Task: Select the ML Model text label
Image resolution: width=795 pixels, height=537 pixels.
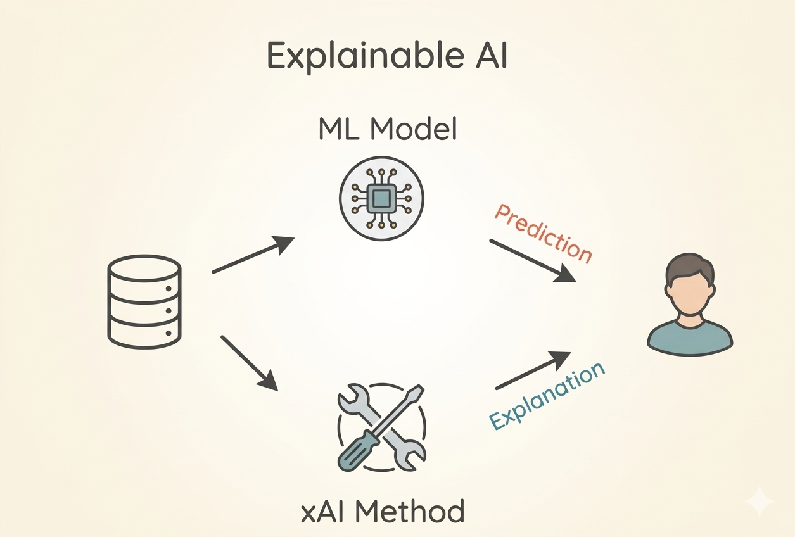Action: [388, 130]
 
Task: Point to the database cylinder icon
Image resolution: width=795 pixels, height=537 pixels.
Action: [144, 301]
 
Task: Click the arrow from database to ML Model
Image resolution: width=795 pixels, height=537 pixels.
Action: [253, 255]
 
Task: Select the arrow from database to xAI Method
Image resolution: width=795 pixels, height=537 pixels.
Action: [249, 363]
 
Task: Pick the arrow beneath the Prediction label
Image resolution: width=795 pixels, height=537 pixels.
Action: [532, 260]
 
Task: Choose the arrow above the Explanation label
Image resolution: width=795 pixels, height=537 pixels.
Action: [532, 370]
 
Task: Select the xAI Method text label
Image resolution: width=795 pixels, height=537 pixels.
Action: [383, 510]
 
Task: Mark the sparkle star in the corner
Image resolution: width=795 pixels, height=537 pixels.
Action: [759, 502]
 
